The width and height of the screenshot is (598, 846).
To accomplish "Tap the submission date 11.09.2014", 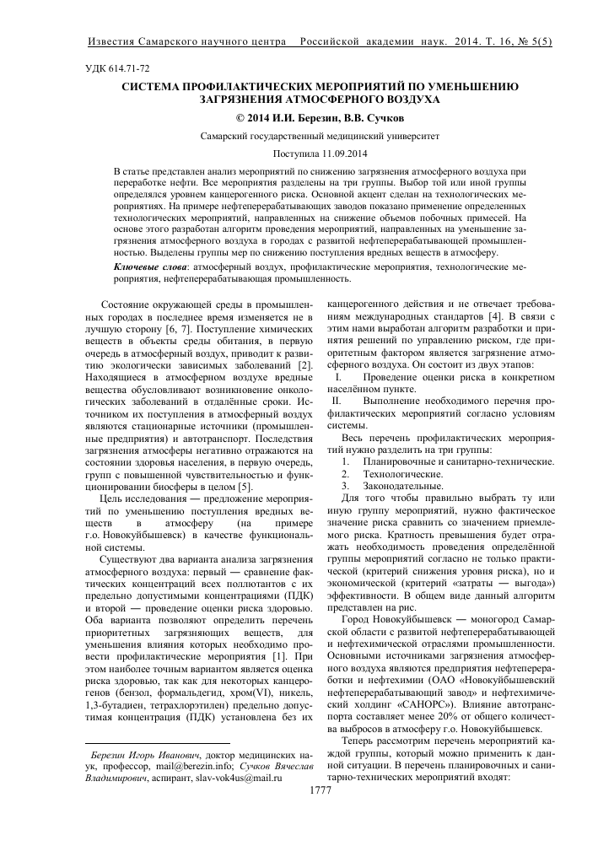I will pos(323,154).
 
